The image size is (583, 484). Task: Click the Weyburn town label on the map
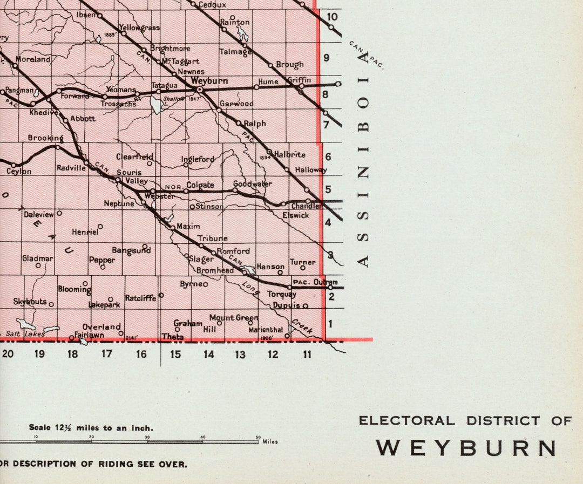coord(209,80)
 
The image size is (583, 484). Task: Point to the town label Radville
coord(71,168)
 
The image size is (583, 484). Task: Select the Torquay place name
coord(282,295)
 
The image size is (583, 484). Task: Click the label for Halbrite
coord(290,154)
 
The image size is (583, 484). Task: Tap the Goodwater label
coord(252,184)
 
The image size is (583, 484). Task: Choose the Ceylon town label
coord(19,172)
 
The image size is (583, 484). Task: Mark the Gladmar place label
coord(38,258)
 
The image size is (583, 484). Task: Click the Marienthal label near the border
coord(266,330)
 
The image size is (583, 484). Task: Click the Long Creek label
coord(251,289)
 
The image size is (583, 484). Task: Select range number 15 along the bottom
coord(175,355)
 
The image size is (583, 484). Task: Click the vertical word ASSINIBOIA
coord(364,160)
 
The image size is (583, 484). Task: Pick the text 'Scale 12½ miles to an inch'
coord(91,428)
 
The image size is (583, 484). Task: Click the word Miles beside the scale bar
coord(270,442)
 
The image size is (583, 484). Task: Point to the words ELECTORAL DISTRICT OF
coord(465,420)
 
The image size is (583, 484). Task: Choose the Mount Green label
coord(234,318)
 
